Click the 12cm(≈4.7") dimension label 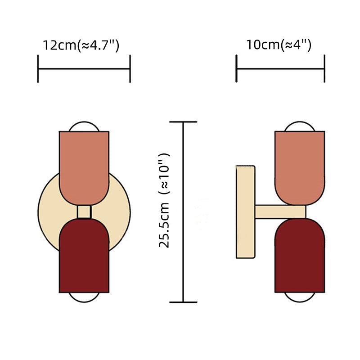point(81,45)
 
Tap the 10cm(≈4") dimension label point(279,45)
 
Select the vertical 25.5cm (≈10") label point(164,200)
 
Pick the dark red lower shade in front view point(84,255)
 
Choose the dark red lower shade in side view point(300,255)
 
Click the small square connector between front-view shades point(84,212)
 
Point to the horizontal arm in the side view point(280,212)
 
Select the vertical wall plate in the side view point(245,212)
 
